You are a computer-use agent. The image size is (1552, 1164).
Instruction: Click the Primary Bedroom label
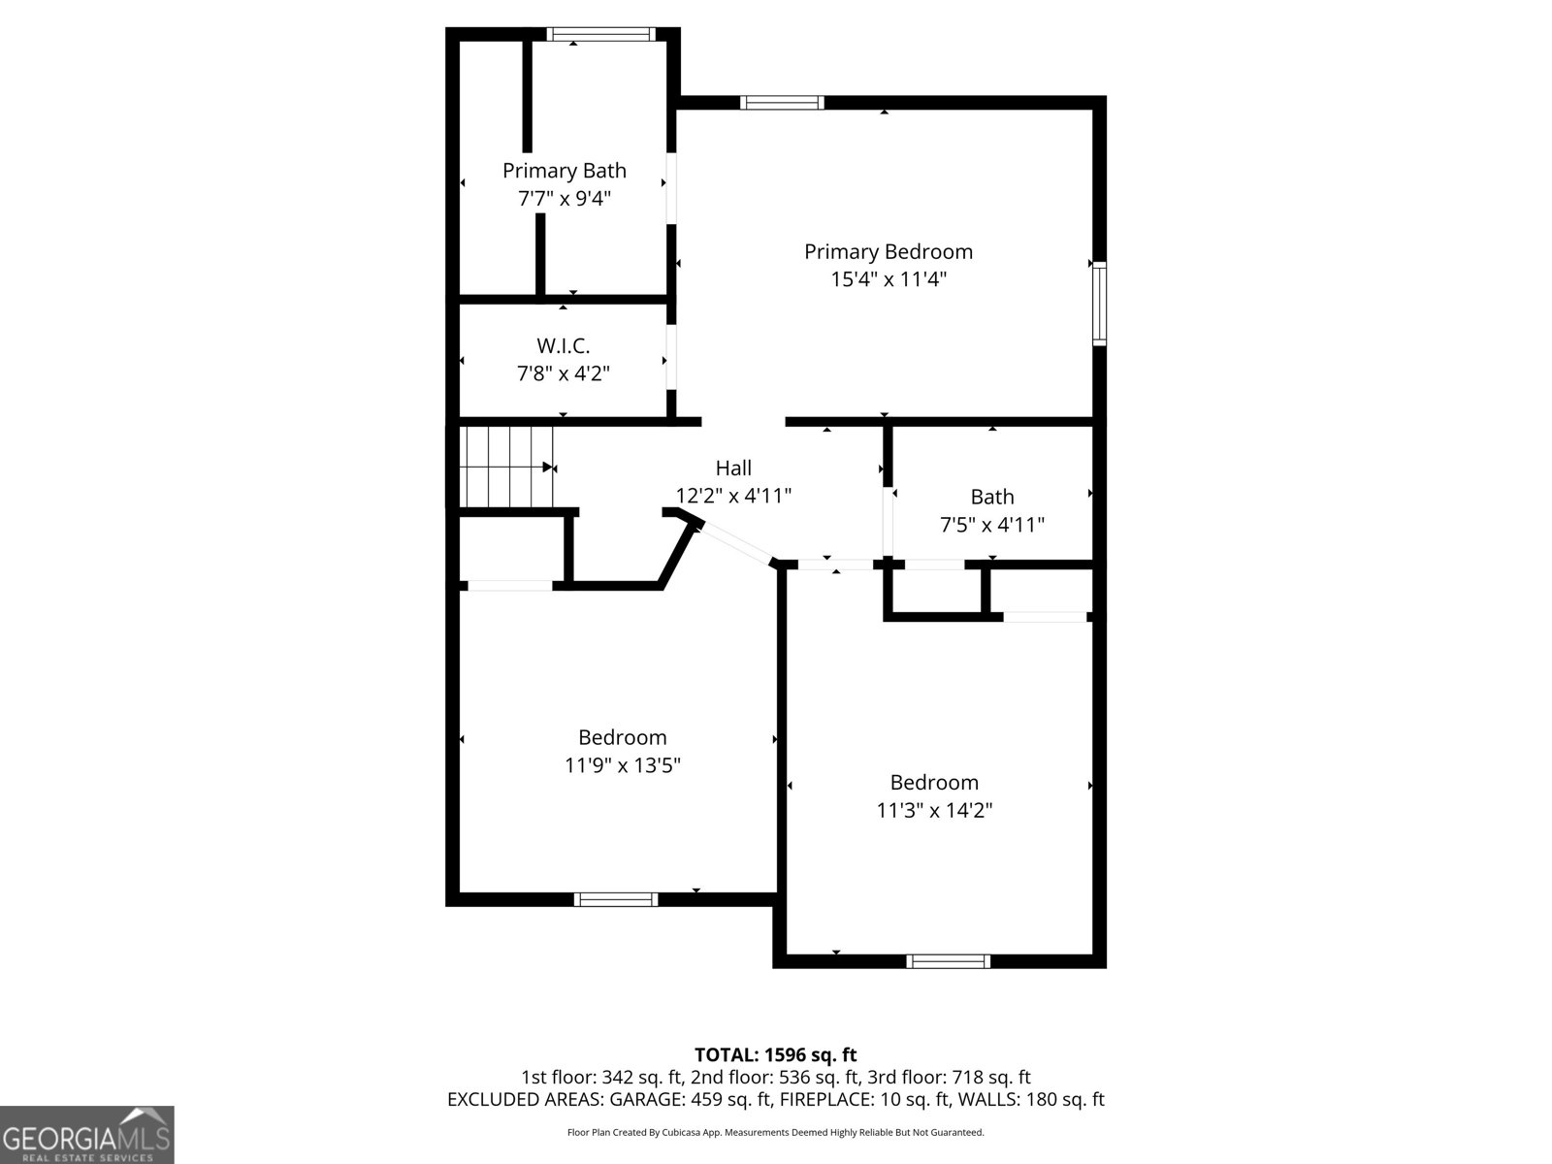pos(888,252)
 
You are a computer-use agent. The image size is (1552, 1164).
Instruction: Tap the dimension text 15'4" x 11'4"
pos(888,280)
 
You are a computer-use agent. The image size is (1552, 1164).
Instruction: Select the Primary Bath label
pos(564,171)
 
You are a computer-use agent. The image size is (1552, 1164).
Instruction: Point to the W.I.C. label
pos(563,345)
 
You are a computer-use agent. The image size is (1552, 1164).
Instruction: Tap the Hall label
pos(733,469)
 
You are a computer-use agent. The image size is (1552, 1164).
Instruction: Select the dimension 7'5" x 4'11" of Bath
pos(991,525)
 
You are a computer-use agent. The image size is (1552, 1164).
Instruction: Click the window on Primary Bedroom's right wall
pos(1099,303)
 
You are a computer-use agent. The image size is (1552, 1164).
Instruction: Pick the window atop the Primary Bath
pos(600,34)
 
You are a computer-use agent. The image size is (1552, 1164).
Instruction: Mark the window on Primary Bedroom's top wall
pos(782,102)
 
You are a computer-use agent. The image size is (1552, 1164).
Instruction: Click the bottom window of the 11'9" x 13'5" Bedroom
pos(616,899)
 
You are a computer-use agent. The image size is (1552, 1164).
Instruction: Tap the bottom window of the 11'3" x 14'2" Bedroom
pos(948,961)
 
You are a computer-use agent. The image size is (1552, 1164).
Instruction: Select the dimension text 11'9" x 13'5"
pos(622,765)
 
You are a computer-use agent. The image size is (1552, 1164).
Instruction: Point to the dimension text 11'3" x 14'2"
pos(934,810)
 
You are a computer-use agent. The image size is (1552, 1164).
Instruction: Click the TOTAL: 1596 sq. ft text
pos(775,1054)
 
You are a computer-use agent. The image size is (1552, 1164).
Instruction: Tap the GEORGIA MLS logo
pos(86,1134)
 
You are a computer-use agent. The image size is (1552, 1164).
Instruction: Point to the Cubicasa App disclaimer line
pos(775,1132)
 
